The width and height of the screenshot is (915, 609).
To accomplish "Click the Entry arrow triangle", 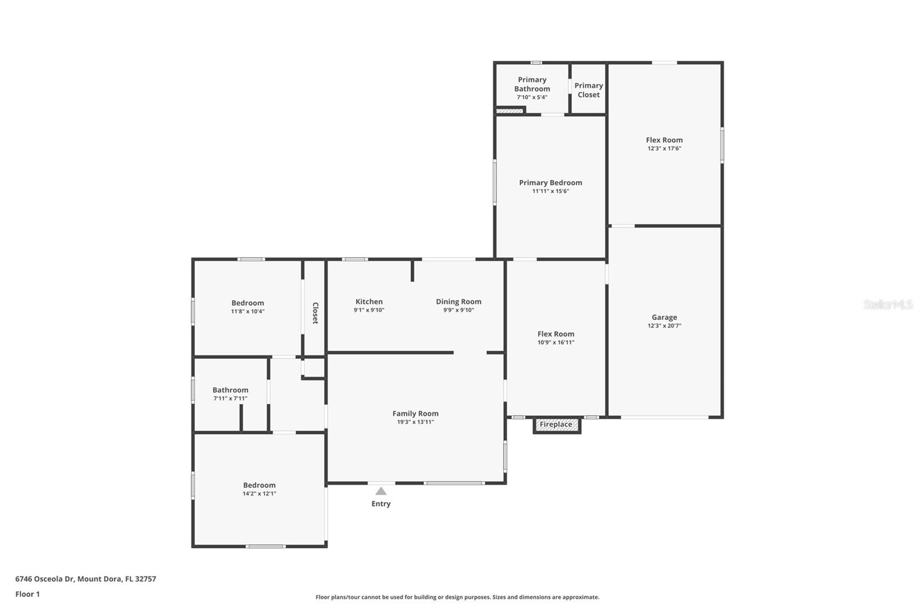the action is pyautogui.click(x=381, y=491).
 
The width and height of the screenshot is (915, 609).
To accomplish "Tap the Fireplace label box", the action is pyautogui.click(x=557, y=425).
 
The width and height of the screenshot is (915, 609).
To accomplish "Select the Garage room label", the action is pyautogui.click(x=664, y=317).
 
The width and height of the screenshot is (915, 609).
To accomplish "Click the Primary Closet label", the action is pyautogui.click(x=588, y=90).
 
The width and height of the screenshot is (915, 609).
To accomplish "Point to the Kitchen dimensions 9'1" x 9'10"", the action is pyautogui.click(x=369, y=310).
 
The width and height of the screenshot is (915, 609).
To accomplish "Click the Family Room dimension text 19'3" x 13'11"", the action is pyautogui.click(x=415, y=422).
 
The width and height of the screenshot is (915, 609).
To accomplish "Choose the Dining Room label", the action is pyautogui.click(x=458, y=302).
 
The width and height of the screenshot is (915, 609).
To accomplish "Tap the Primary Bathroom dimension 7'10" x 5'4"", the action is pyautogui.click(x=532, y=97).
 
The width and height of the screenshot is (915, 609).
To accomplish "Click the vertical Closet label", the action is pyautogui.click(x=315, y=313).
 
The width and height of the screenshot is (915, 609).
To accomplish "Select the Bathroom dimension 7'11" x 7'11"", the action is pyautogui.click(x=230, y=398).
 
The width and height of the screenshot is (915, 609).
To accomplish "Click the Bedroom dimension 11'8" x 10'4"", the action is pyautogui.click(x=248, y=311).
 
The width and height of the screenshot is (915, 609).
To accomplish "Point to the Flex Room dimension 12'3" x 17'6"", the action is pyautogui.click(x=664, y=149).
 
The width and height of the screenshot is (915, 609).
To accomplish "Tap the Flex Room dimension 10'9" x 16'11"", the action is pyautogui.click(x=555, y=342).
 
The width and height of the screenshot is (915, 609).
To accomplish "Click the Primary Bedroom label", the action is pyautogui.click(x=551, y=182).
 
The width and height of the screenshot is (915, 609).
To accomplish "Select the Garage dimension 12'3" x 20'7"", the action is pyautogui.click(x=664, y=326).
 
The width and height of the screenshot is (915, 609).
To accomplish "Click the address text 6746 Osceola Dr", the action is pyautogui.click(x=45, y=579).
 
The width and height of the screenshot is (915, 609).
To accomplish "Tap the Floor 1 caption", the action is pyautogui.click(x=27, y=594).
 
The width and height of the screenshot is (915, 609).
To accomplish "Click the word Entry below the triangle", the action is pyautogui.click(x=381, y=504).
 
